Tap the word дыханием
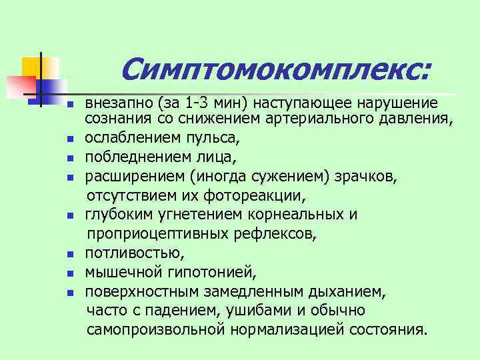345,291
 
